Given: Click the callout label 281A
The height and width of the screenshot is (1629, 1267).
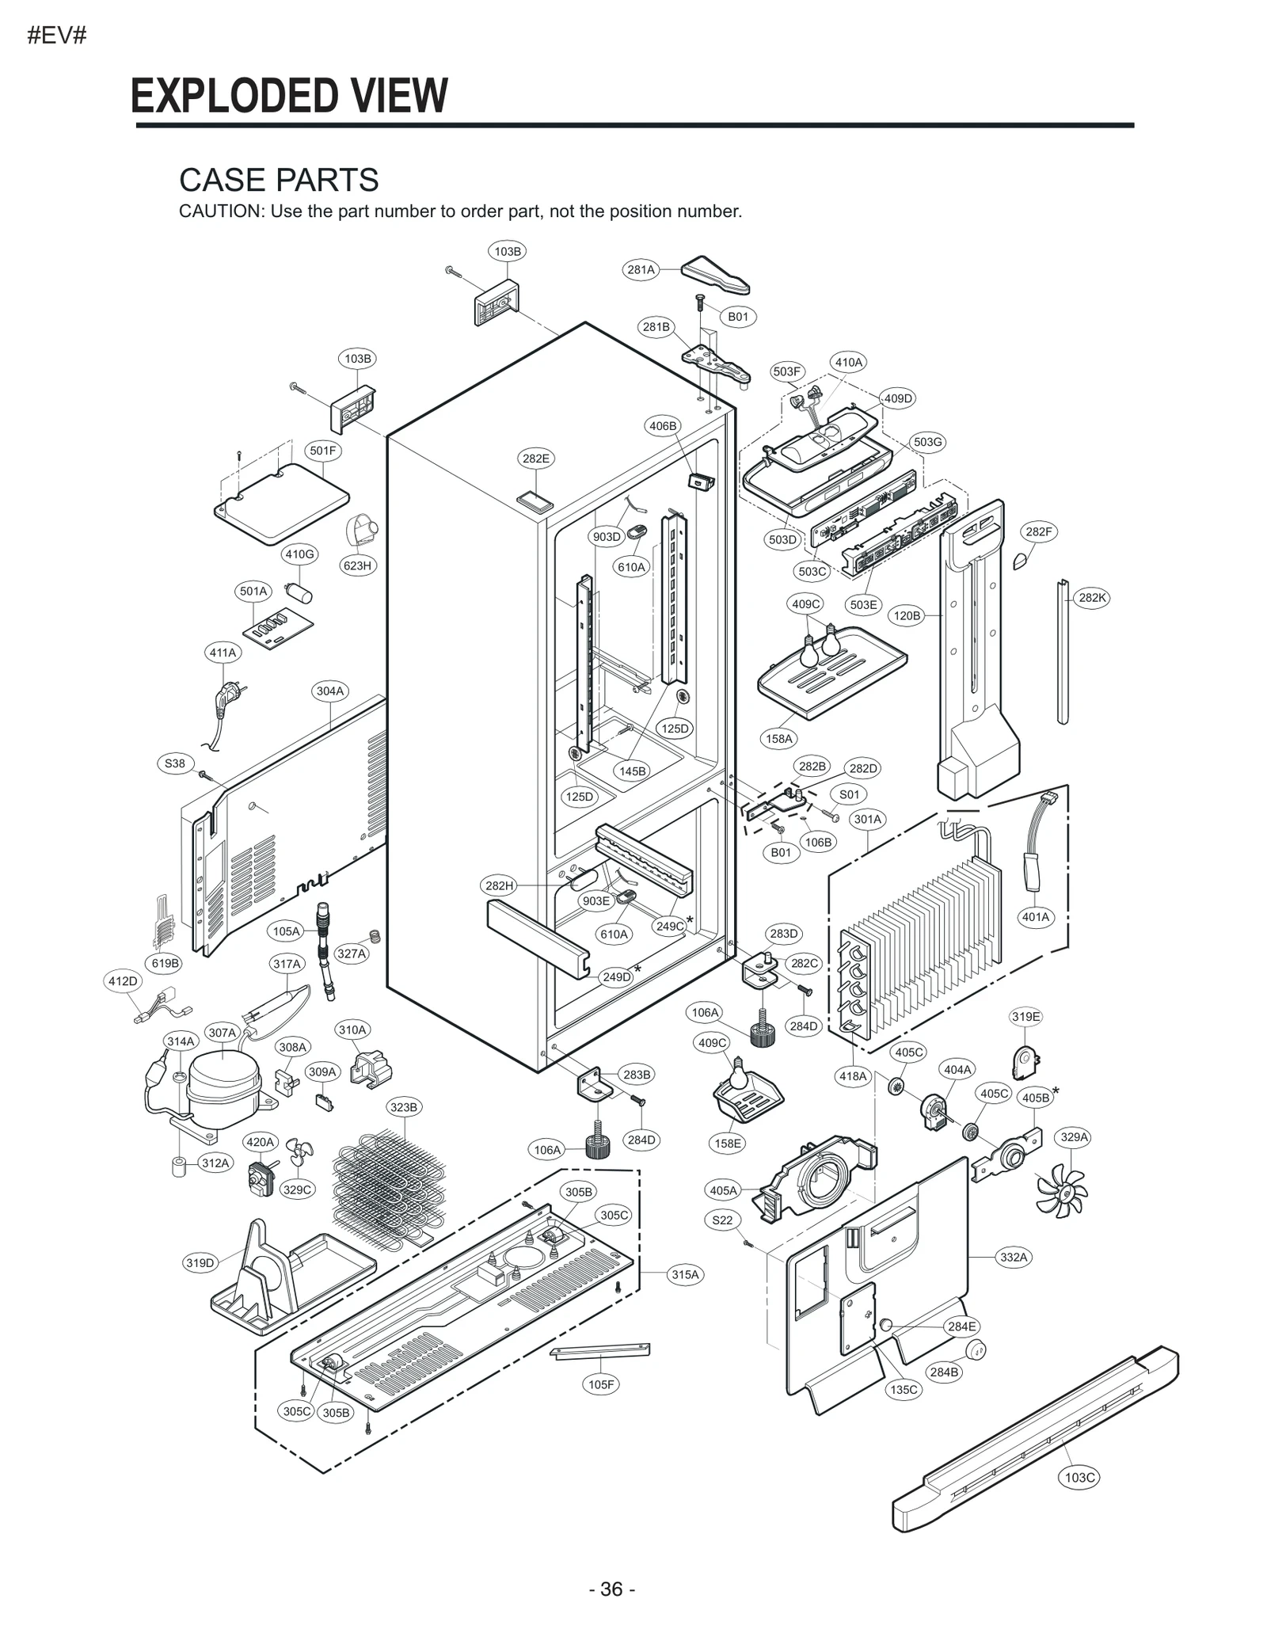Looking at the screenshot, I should [641, 269].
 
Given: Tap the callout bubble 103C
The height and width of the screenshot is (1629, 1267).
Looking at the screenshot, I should [1080, 1477].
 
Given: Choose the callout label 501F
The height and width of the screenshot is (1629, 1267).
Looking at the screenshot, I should [323, 451].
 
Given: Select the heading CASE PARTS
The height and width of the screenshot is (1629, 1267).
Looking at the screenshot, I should [279, 180].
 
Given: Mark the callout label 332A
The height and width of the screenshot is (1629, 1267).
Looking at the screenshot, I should [1014, 1257].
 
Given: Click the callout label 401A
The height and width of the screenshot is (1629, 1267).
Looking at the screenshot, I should [1036, 917].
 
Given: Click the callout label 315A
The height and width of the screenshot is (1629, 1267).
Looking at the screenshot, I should [686, 1274].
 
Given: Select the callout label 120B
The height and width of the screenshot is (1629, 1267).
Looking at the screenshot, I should [907, 615].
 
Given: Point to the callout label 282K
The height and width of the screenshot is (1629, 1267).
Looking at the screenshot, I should [1092, 598].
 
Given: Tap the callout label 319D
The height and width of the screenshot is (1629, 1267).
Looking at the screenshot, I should [200, 1262].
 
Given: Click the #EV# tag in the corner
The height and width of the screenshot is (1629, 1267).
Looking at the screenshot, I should [57, 36].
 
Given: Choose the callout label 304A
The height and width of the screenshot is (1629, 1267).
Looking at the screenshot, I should [330, 691].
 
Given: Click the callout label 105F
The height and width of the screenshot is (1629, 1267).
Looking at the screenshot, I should [602, 1384].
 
